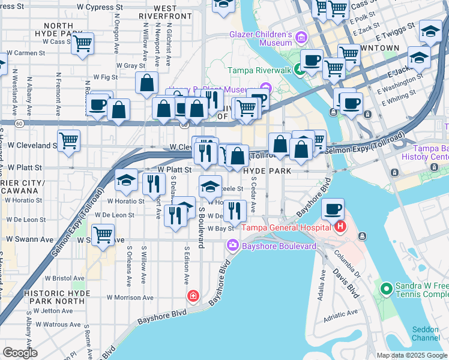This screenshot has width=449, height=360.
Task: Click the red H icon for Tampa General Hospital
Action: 340,227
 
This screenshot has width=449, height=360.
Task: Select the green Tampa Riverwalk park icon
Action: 299,70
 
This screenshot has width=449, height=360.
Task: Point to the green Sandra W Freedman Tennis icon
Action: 386,290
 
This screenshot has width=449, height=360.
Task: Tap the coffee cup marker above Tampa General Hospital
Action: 332,209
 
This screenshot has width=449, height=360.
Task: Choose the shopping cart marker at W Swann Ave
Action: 103,233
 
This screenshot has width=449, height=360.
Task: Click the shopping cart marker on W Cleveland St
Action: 69,141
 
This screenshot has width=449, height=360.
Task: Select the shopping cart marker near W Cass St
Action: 82,43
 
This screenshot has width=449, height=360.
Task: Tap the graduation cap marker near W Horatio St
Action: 127,179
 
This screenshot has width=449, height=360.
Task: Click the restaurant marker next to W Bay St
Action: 235,211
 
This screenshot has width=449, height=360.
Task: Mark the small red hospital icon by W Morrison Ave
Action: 193,295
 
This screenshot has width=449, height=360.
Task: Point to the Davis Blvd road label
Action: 345,281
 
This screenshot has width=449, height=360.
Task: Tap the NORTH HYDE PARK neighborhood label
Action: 58,31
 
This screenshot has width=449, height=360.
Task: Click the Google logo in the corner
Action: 20,352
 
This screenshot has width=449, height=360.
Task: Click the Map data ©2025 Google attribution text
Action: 412,355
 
